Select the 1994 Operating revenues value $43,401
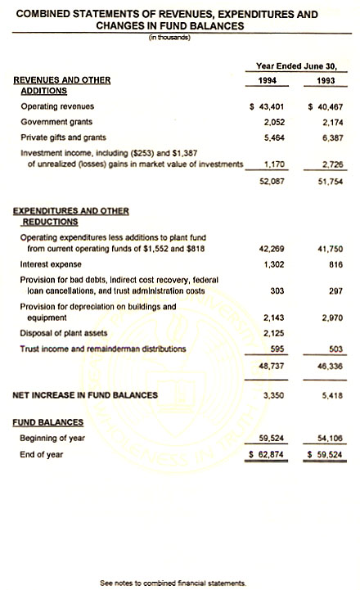[263, 107]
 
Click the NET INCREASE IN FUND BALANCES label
[86, 395]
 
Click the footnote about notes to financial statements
[173, 583]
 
